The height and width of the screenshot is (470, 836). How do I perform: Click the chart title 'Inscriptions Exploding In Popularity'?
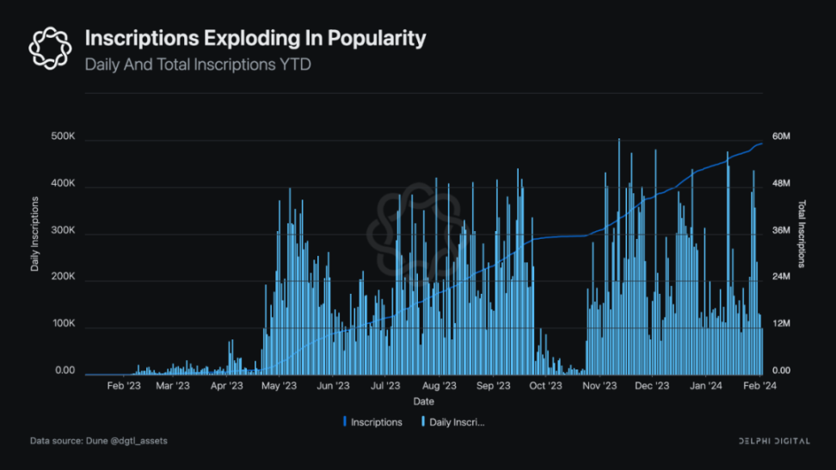point(255,39)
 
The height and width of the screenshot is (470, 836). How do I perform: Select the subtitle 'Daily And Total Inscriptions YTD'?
point(197,64)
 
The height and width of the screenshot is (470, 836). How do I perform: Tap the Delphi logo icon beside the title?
point(49,47)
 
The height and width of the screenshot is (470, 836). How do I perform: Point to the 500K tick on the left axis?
point(64,138)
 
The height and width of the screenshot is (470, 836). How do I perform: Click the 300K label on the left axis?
point(64,232)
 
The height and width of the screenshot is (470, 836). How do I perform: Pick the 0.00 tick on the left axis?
point(65,371)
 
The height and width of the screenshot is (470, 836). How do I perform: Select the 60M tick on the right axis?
point(780,138)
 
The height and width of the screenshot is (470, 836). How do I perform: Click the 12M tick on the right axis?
point(780,325)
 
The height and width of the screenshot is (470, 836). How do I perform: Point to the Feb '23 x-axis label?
point(123,386)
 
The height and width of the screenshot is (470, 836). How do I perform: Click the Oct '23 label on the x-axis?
point(545,386)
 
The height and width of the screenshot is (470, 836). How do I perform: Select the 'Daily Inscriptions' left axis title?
point(35,234)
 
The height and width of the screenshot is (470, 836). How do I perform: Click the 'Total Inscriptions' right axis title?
point(802,234)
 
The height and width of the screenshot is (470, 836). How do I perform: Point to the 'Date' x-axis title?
point(423,401)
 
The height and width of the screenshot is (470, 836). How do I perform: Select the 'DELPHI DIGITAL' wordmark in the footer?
point(774,441)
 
